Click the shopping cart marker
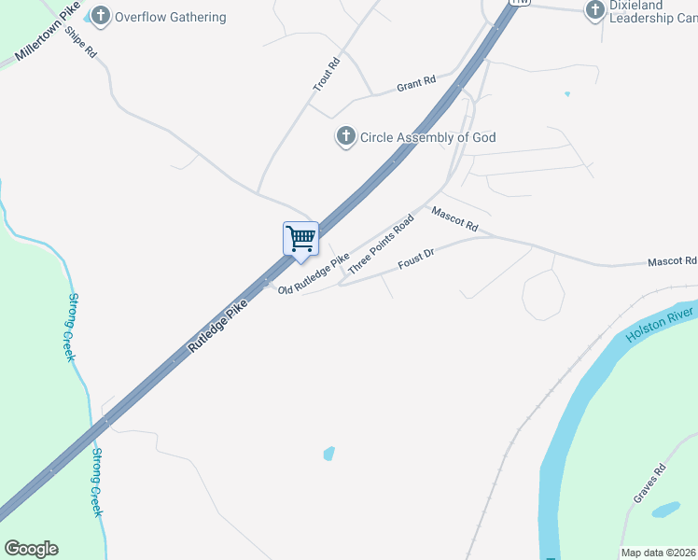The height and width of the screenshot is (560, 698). tap(300, 238)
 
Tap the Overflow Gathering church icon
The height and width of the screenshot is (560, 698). tap(101, 16)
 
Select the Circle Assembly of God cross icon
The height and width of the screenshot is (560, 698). tap(345, 137)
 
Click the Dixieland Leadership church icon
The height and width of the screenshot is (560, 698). tap(595, 10)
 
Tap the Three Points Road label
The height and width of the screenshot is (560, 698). tap(381, 244)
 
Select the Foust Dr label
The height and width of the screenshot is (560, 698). tap(416, 259)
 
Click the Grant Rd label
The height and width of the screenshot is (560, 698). tap(416, 83)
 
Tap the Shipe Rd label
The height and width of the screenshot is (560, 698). tap(85, 43)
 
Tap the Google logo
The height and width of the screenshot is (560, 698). tap(31, 549)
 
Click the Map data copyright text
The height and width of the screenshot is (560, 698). tap(659, 553)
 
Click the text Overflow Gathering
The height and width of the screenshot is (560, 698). tap(170, 17)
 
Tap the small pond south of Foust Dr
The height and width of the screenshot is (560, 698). tap(328, 454)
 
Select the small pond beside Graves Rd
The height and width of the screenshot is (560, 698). tap(665, 511)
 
